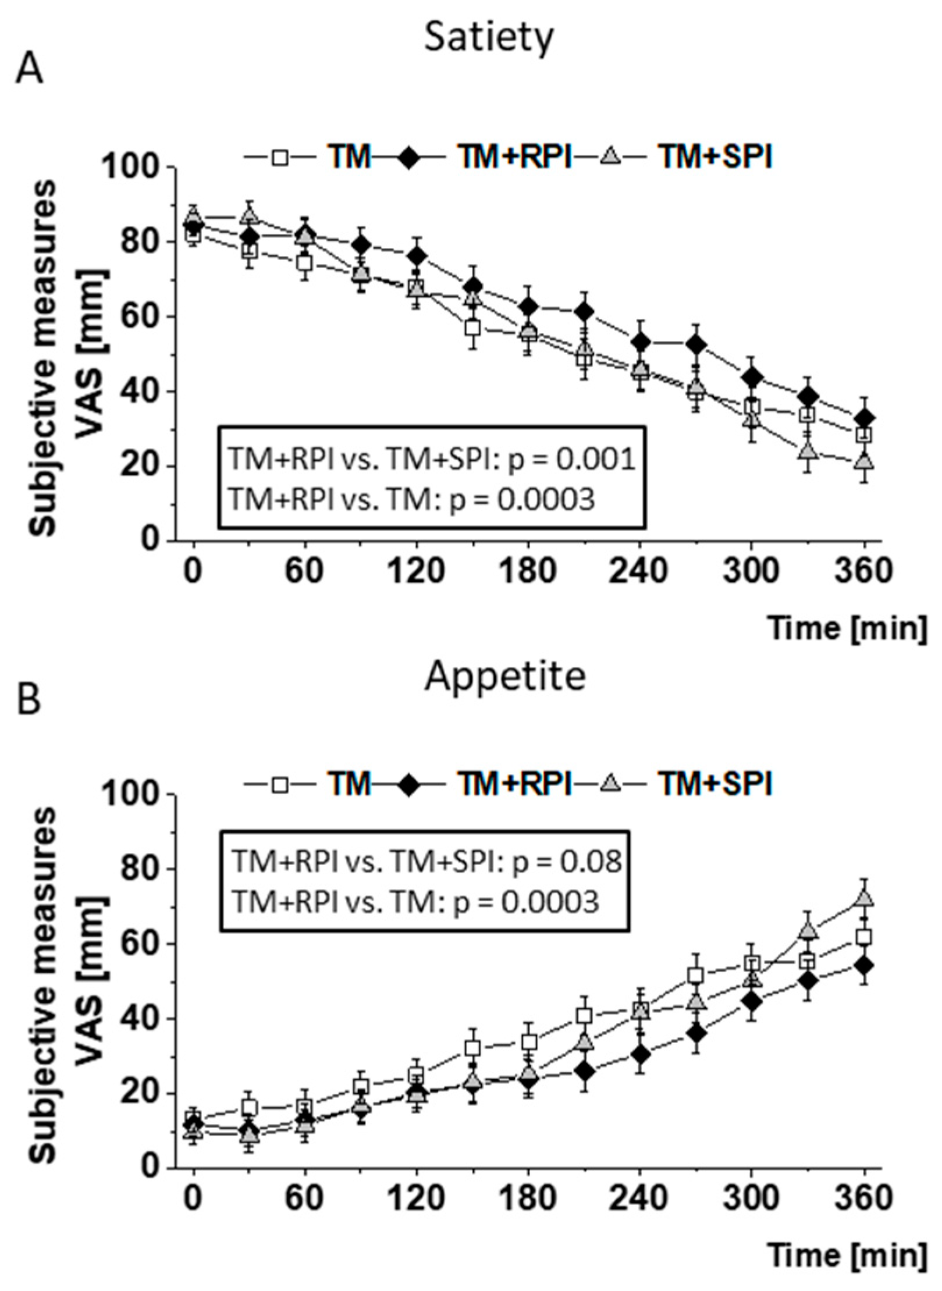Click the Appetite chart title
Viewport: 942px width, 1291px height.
coord(504,676)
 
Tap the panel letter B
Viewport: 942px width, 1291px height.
coord(29,700)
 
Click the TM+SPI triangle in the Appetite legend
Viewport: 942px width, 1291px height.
coord(610,785)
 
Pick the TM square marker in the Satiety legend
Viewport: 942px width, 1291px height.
coord(282,158)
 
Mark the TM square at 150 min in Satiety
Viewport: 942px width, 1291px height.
coord(472,328)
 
